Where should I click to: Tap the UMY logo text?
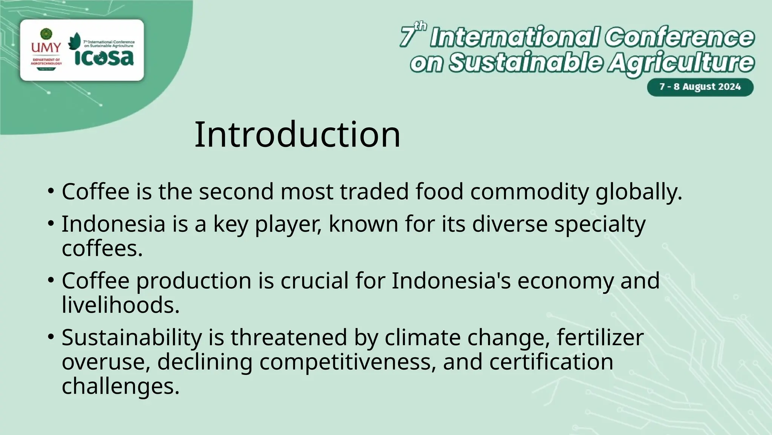(x=46, y=48)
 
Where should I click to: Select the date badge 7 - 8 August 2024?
(x=700, y=87)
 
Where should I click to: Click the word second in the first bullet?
(x=236, y=191)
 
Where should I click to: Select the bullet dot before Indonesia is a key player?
(x=51, y=223)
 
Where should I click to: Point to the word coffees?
(x=102, y=248)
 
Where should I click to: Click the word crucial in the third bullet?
(x=314, y=281)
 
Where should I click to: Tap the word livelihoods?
(x=120, y=305)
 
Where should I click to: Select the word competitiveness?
(x=345, y=362)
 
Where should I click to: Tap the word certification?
(x=551, y=362)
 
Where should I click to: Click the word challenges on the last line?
(x=120, y=386)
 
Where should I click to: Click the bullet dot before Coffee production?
(x=51, y=280)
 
